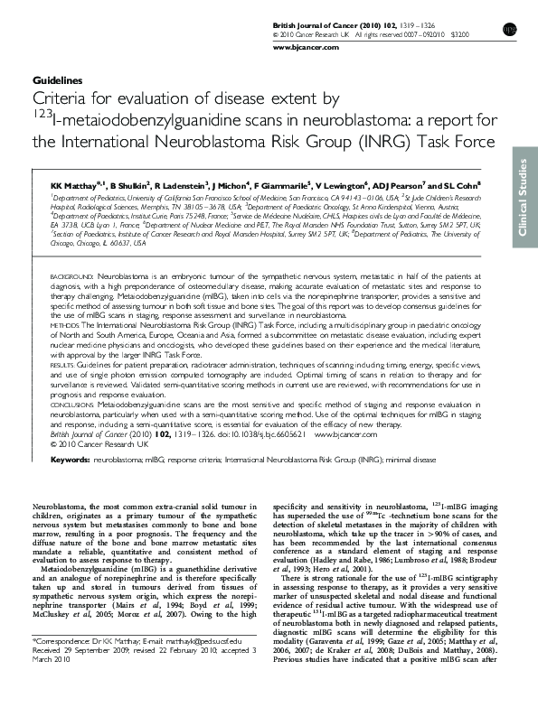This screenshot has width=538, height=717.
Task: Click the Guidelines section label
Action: (57, 80)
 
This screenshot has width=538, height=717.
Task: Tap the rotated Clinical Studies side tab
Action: (522, 198)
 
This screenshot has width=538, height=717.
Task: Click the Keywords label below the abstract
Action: (70, 460)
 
